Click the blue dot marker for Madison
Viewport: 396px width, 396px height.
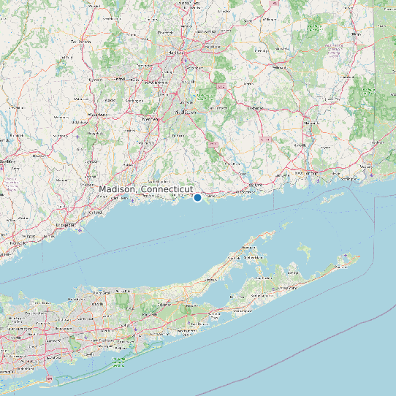point(197,197)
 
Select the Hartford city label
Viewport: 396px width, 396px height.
point(176,53)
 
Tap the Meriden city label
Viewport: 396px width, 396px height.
point(150,118)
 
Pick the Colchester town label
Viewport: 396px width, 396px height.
point(254,107)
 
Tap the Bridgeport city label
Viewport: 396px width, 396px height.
point(66,225)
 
